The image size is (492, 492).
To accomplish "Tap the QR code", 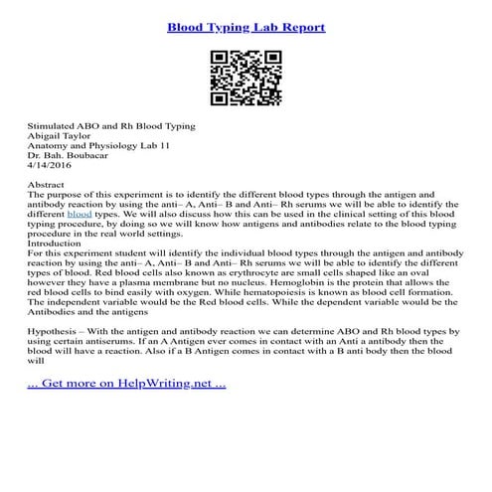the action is [246, 80].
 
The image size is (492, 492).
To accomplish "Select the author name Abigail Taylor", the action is [63, 140].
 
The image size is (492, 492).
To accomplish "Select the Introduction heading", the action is [58, 243].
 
